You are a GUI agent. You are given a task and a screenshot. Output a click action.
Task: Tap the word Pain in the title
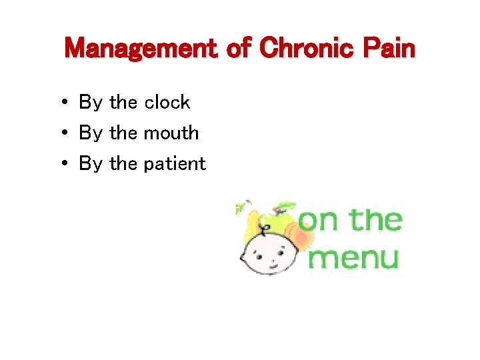point(389,49)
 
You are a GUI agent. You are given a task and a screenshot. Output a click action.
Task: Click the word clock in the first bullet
point(167,102)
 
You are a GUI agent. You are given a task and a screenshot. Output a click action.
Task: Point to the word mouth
point(171,133)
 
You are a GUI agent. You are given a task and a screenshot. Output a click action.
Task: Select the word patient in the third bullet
point(175,164)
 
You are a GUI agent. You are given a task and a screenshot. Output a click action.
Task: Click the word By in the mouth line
point(91,133)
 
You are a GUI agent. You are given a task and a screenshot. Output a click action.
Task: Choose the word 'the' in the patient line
point(123,163)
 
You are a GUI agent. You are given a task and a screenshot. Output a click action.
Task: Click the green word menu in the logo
point(354,257)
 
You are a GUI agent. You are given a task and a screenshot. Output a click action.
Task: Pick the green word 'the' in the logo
point(376,219)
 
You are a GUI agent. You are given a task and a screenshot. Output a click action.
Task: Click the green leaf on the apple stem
point(287,205)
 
